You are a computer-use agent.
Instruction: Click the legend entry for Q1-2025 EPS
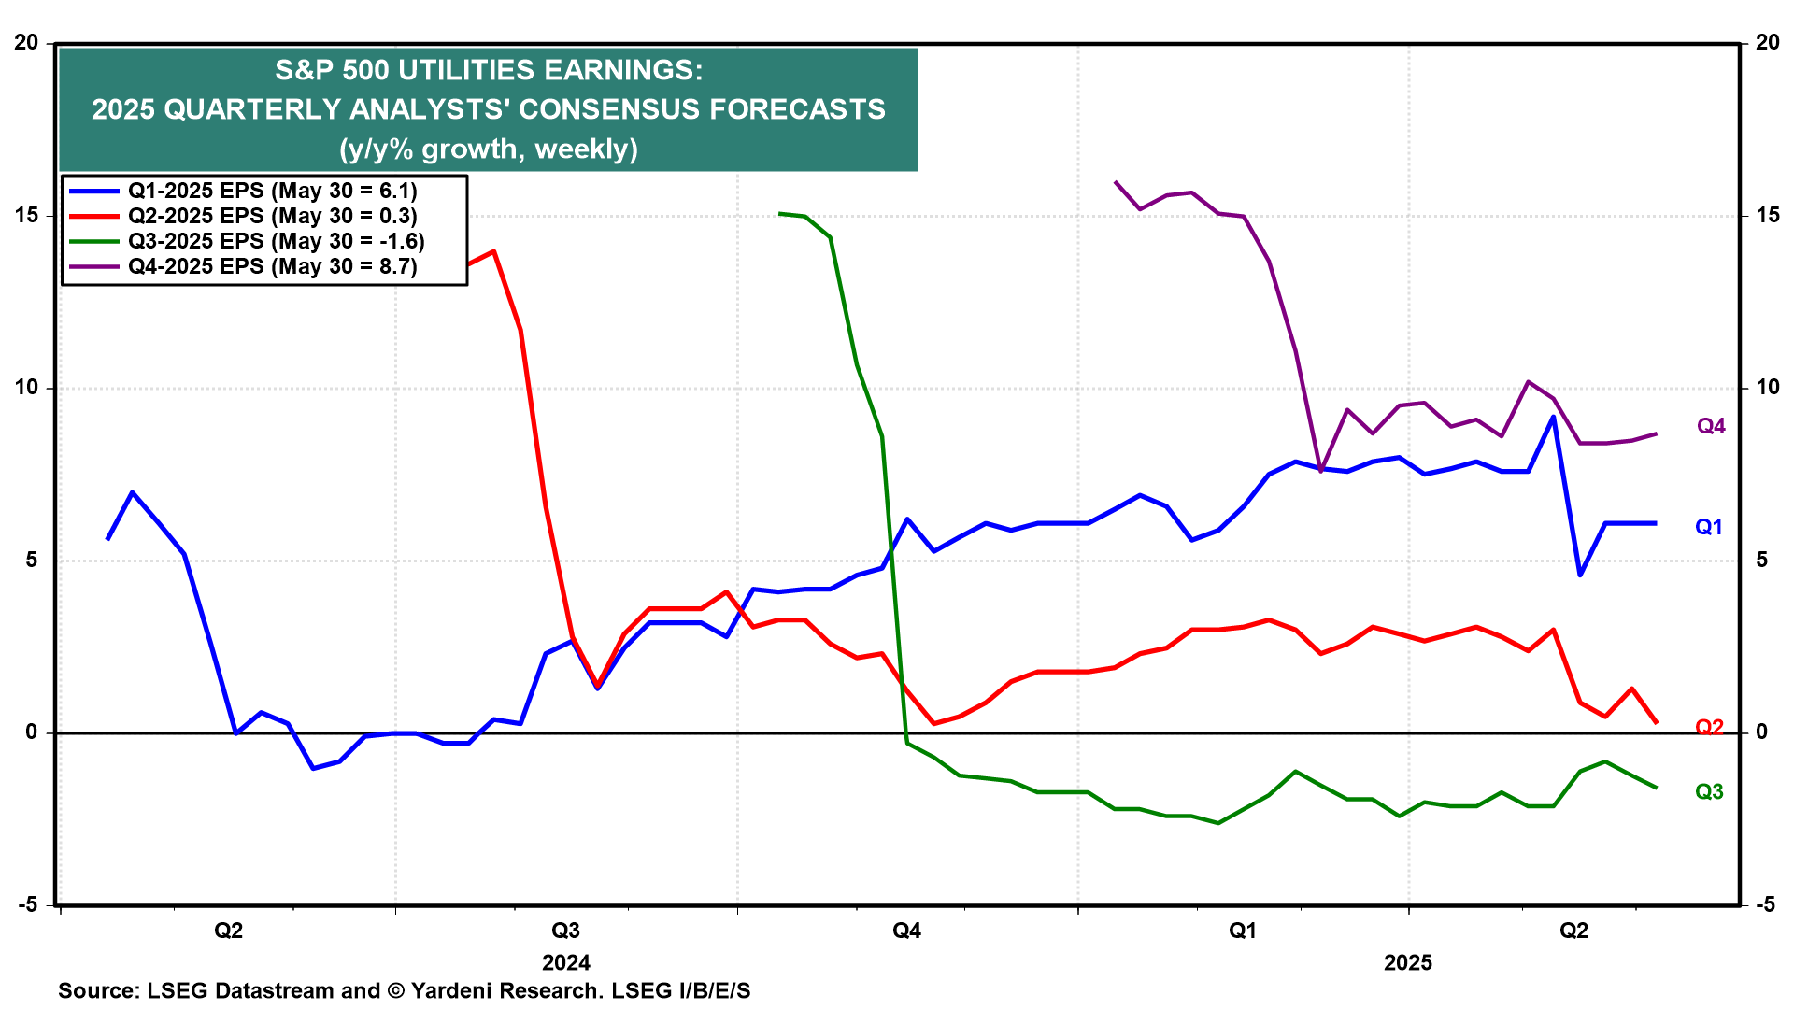point(272,192)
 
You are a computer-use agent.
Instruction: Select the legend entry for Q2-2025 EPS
point(272,217)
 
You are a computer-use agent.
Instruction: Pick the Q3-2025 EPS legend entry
point(276,242)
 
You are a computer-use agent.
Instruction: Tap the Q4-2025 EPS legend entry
point(272,267)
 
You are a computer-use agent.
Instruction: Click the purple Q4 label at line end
point(1711,427)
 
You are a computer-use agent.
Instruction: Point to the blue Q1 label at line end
point(1709,528)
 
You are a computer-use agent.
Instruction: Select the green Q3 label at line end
point(1709,792)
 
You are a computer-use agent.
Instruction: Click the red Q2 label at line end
point(1709,728)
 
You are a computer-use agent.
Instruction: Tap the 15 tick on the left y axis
point(26,216)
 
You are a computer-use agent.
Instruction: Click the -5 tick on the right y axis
point(1765,905)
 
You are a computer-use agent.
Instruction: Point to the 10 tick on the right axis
point(1768,388)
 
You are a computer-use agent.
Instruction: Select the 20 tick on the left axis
point(26,43)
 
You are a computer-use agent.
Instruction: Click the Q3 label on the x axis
point(565,931)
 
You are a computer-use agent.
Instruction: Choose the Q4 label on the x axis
point(906,931)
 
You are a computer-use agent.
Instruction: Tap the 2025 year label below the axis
point(1407,963)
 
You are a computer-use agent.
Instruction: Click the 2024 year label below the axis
point(565,963)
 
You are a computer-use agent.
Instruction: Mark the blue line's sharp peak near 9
point(1553,417)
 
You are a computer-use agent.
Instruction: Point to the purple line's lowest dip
point(1320,472)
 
